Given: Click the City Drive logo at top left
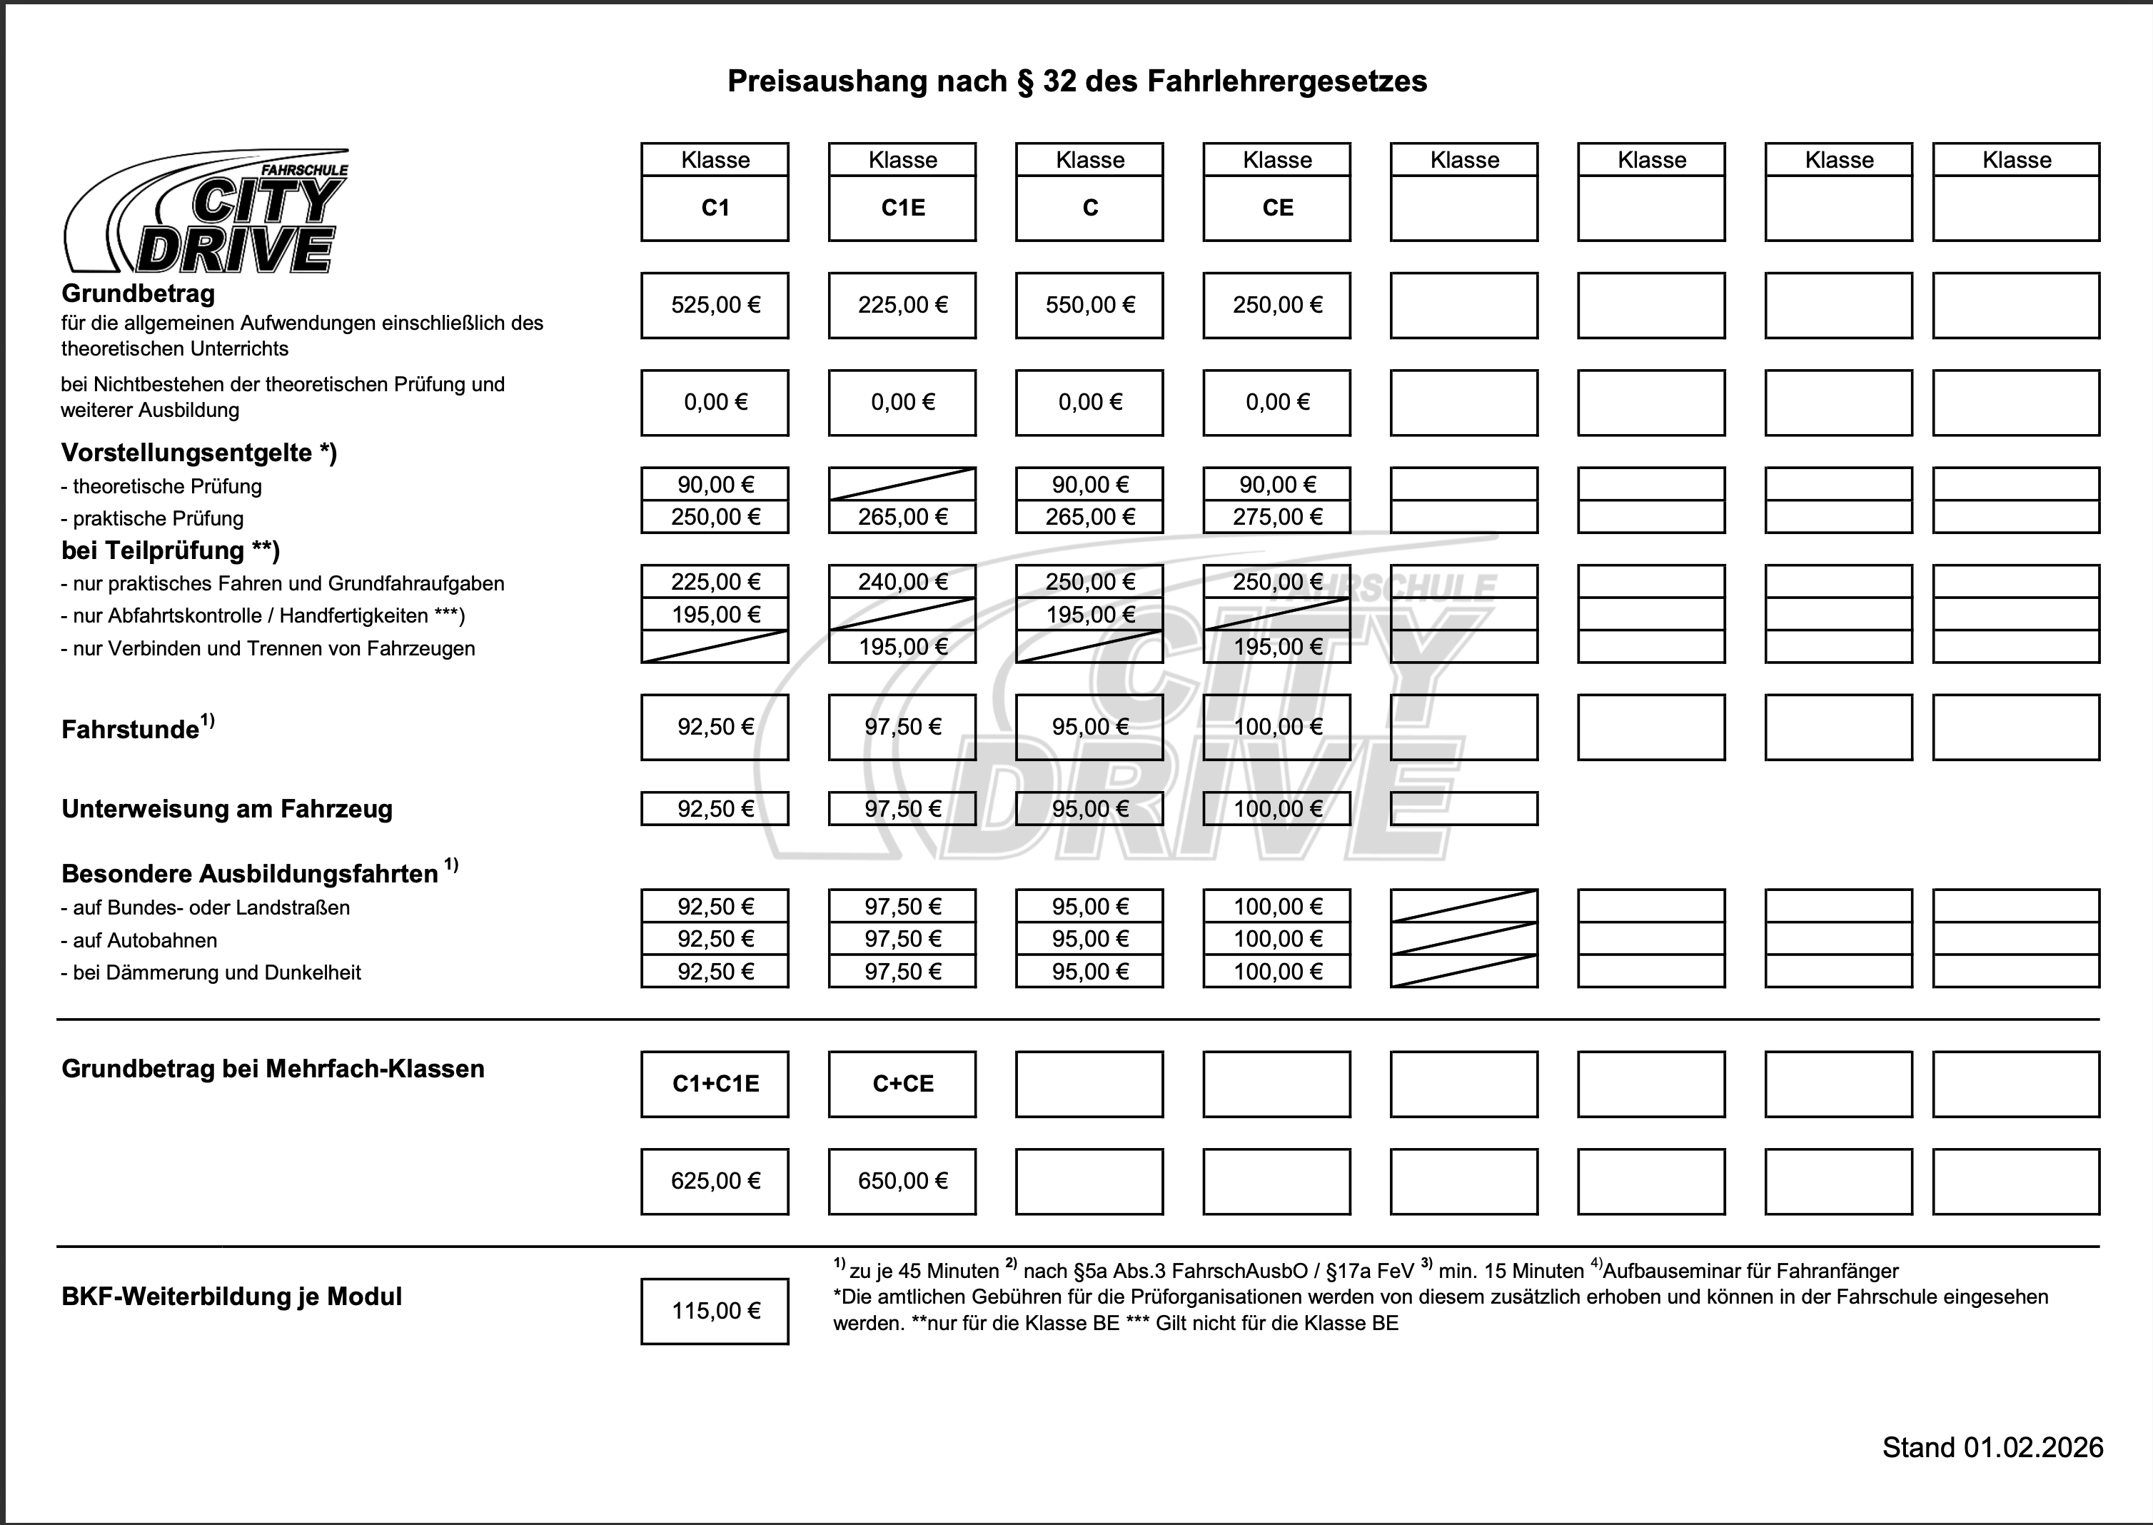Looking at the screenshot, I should tap(206, 212).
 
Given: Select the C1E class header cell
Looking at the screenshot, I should tap(902, 208).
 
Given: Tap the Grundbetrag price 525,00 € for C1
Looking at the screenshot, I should tap(715, 305).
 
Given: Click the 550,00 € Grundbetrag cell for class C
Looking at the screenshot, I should tap(1089, 305).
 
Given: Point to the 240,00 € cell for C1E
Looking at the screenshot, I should tap(902, 582).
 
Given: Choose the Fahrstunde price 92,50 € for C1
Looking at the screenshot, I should tap(715, 727).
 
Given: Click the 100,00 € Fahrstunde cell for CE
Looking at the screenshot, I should tap(1277, 727).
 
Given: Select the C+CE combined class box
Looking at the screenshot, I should tap(902, 1084).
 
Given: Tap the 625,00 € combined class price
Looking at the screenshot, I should tap(715, 1182).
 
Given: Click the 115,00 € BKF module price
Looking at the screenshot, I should tap(715, 1311).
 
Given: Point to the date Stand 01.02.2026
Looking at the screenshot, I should tap(1992, 1447).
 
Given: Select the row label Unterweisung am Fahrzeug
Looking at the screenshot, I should tap(227, 810).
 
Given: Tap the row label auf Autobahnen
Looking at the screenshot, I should tap(145, 940).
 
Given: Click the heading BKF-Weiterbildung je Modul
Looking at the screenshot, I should tap(232, 1297).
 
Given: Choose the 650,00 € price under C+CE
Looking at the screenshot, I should tap(902, 1182).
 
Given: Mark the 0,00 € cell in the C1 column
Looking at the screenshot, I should tap(715, 403).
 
